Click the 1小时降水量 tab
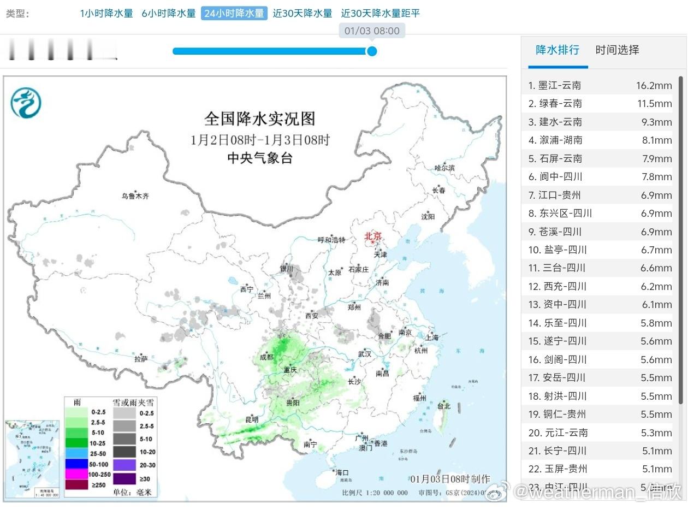pos(106,13)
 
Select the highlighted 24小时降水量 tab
pos(234,13)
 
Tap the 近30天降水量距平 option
pos(381,13)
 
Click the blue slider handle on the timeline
pos(372,51)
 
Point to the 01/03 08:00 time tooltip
pos(372,31)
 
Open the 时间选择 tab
pos(617,50)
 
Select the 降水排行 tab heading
pos(557,50)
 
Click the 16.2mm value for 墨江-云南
pos(654,85)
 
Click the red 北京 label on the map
pos(373,236)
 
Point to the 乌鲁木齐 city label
pos(135,196)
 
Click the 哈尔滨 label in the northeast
pos(444,168)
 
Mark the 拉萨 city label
pos(141,359)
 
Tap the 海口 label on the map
pos(342,472)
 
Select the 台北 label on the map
pos(443,406)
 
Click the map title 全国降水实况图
pos(260,119)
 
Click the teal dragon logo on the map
pos(26,103)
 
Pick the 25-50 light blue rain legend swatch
pos(76,453)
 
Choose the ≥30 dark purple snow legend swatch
pos(125,478)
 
